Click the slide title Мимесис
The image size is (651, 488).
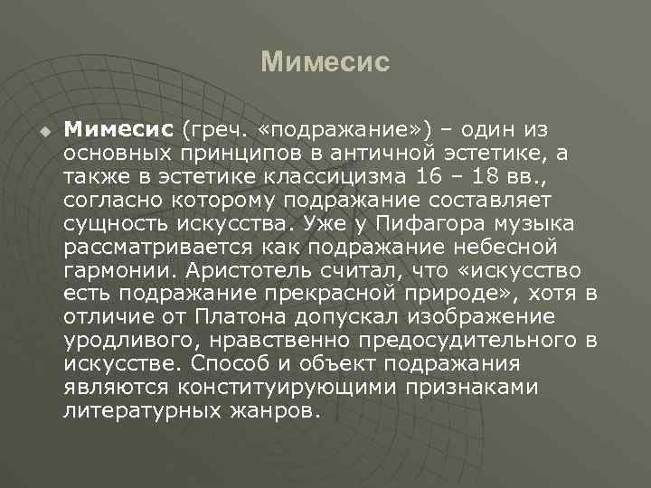tap(325, 62)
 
